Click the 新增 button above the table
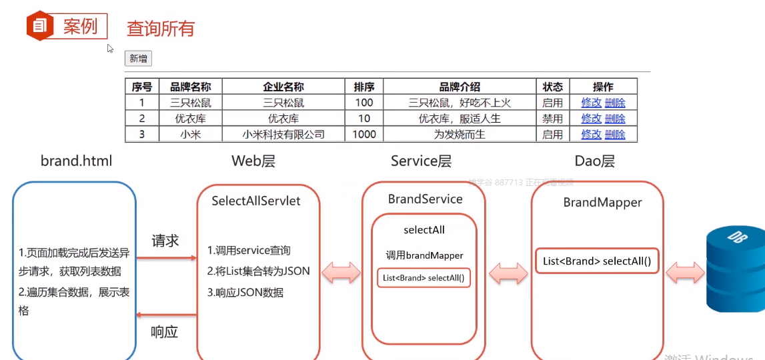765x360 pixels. (x=138, y=59)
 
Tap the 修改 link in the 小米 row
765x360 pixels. (x=591, y=134)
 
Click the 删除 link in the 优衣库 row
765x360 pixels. (x=615, y=119)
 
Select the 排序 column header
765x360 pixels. (x=364, y=87)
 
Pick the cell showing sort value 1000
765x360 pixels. (x=364, y=134)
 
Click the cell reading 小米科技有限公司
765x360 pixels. (x=283, y=134)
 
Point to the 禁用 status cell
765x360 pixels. (x=552, y=119)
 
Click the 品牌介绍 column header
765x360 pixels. (x=460, y=87)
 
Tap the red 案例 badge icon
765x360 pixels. (x=39, y=26)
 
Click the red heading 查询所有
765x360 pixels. (x=161, y=29)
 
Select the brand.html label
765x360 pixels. (x=76, y=161)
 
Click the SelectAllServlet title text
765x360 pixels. (x=255, y=201)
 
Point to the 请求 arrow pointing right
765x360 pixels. (x=166, y=257)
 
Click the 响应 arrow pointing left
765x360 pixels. (x=166, y=314)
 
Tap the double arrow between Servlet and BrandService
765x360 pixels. (x=341, y=273)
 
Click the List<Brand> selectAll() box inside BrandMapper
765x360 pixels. (x=597, y=261)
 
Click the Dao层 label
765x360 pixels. (x=594, y=161)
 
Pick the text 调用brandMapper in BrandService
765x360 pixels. (x=424, y=255)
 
